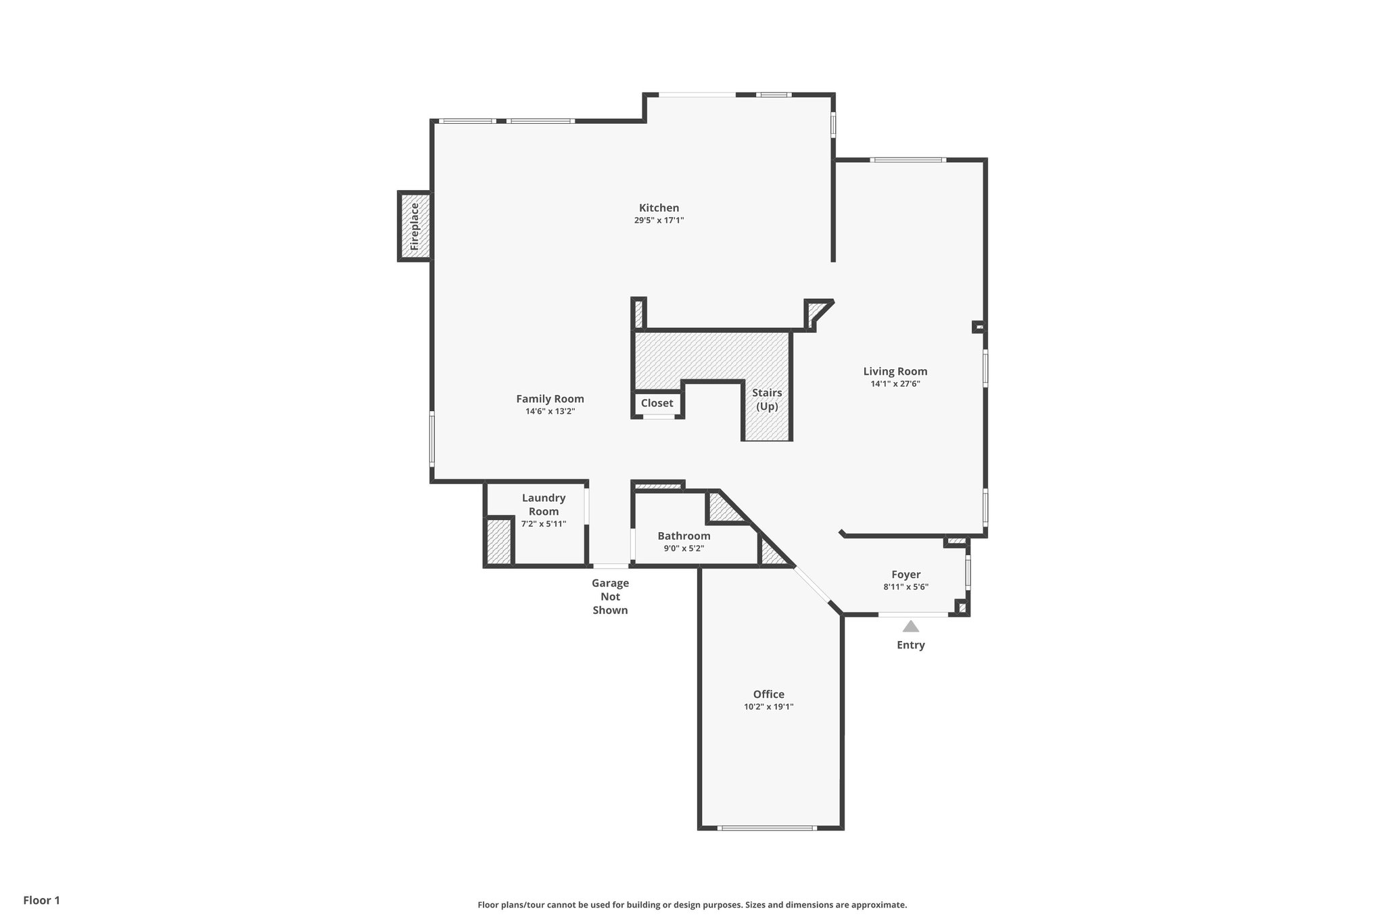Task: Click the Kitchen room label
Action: pyautogui.click(x=659, y=208)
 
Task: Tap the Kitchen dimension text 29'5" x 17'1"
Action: pyautogui.click(x=659, y=220)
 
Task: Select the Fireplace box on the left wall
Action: pyautogui.click(x=415, y=226)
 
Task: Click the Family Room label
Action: pyautogui.click(x=550, y=399)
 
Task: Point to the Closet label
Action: pyautogui.click(x=657, y=403)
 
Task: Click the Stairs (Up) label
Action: pyautogui.click(x=767, y=400)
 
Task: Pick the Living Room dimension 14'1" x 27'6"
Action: pyautogui.click(x=895, y=384)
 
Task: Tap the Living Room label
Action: pyautogui.click(x=895, y=371)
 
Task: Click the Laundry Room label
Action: pyautogui.click(x=543, y=504)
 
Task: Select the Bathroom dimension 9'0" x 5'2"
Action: pyautogui.click(x=684, y=548)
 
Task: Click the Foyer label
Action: pyautogui.click(x=906, y=575)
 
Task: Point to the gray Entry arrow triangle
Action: pyautogui.click(x=910, y=627)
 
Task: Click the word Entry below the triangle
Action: pyautogui.click(x=910, y=645)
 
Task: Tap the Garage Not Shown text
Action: pyautogui.click(x=610, y=596)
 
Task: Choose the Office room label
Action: pyautogui.click(x=768, y=694)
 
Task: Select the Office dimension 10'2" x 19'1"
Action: pyautogui.click(x=768, y=707)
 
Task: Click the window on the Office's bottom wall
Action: pyautogui.click(x=767, y=828)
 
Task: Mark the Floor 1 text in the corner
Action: pyautogui.click(x=42, y=901)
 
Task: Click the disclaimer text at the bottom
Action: pyautogui.click(x=692, y=905)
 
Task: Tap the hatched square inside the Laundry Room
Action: pyautogui.click(x=499, y=541)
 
